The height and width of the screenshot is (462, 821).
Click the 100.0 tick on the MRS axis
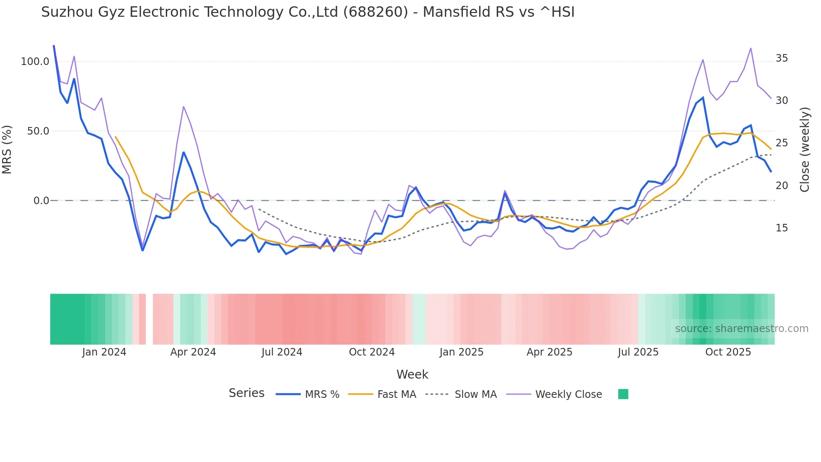click(35, 62)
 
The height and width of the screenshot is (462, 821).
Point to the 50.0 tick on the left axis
click(38, 131)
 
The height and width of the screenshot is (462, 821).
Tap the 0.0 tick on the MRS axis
click(41, 201)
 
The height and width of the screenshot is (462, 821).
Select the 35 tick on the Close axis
click(782, 58)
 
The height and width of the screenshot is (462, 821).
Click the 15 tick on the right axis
click(782, 228)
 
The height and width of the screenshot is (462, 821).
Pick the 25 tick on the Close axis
click(782, 143)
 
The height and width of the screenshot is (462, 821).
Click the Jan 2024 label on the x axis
click(104, 352)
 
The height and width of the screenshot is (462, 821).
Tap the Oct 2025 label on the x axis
click(728, 352)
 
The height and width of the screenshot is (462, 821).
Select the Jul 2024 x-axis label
click(281, 352)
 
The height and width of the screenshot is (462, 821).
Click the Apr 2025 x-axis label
click(549, 352)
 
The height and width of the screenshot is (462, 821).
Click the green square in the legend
click(623, 394)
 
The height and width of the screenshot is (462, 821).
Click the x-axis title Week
click(412, 374)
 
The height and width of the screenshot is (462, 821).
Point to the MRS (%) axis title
click(7, 150)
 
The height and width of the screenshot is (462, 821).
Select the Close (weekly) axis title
click(805, 150)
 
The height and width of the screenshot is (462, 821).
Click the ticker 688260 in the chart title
click(375, 12)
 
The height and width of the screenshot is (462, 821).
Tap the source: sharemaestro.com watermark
click(741, 329)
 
